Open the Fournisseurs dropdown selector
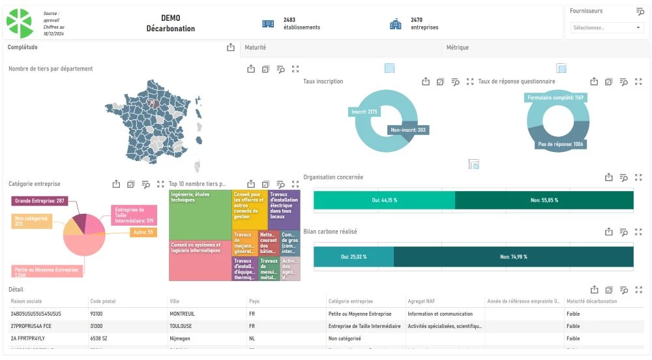(606, 28)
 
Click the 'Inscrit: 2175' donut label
(364, 112)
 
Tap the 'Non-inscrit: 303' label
(408, 130)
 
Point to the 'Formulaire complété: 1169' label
(556, 97)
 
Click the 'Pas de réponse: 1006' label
(560, 143)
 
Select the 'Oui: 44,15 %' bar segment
(384, 200)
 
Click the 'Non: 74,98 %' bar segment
(513, 257)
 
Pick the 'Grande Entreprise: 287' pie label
(40, 201)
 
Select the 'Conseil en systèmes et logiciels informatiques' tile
(200, 261)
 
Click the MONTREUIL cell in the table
(183, 314)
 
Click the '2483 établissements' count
(301, 23)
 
